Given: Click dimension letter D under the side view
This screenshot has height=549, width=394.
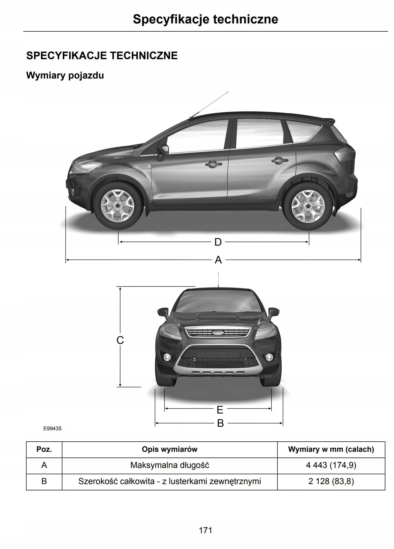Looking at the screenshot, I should coord(218,242).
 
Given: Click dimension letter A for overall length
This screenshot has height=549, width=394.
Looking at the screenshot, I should coord(218,260).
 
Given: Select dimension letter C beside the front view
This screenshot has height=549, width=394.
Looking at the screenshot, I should coord(120,340).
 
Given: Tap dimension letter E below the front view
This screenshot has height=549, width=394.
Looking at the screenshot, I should coord(220,410).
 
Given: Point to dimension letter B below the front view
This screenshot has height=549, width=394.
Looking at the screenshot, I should coord(220,423).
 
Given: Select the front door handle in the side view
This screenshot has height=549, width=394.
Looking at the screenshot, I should coord(213,164).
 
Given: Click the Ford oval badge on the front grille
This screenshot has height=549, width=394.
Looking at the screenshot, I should coord(218,333).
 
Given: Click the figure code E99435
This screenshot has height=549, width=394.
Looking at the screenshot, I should coord(53,429).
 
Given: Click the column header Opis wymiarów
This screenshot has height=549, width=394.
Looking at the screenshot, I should coord(169,449).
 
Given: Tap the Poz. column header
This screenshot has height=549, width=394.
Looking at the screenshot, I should coord(44,449).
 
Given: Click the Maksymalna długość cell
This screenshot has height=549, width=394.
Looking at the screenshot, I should coord(169,465).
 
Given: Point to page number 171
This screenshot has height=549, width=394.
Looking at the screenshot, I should coord(206,530).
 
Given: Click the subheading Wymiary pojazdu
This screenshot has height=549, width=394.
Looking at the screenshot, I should coord(65,76).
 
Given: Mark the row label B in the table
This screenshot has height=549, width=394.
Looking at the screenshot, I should coord(44,482).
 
